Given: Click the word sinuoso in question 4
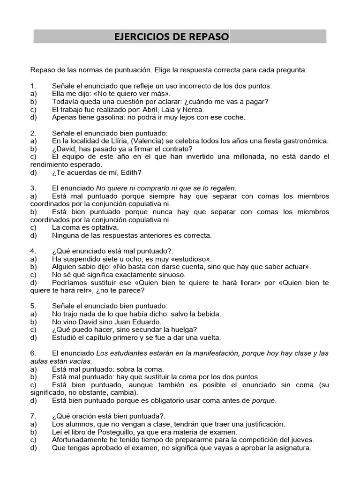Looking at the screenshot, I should pos(170,275).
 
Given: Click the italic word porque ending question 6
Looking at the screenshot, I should pos(264,400).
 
